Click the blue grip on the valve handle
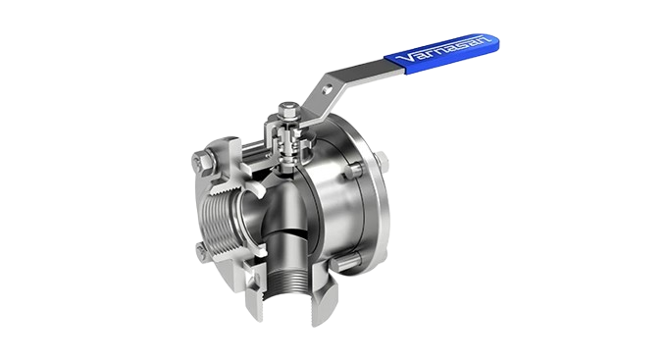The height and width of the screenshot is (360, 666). [441, 53]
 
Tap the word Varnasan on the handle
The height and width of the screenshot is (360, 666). [443, 51]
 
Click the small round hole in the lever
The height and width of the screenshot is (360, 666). [327, 89]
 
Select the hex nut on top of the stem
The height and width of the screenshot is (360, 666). [289, 111]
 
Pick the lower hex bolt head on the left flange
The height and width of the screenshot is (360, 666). [202, 252]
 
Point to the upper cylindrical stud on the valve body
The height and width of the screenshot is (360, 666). [354, 171]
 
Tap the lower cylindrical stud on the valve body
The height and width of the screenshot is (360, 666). [346, 262]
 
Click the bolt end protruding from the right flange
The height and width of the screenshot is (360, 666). [381, 162]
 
